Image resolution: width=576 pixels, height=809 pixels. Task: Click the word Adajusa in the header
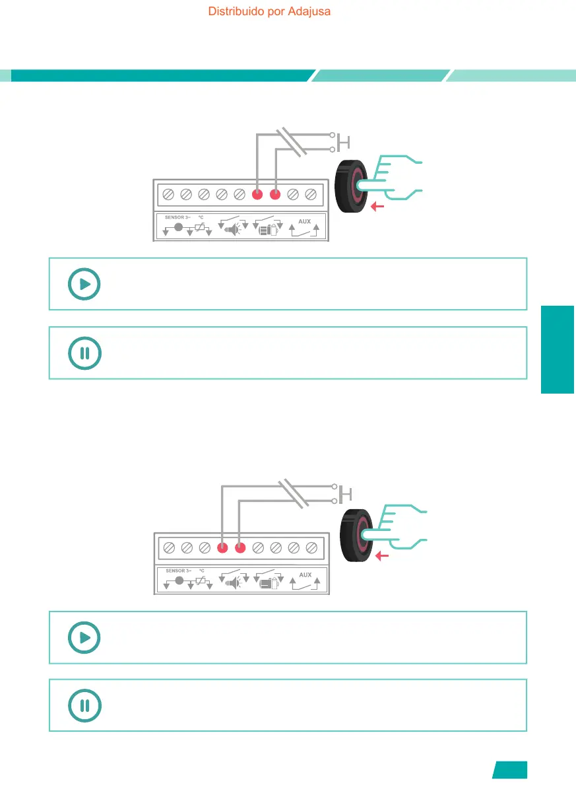tap(309, 11)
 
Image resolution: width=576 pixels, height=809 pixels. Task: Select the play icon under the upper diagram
tap(84, 285)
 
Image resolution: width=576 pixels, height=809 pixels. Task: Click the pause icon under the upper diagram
tap(84, 353)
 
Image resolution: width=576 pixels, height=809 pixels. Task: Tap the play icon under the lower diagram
tap(84, 638)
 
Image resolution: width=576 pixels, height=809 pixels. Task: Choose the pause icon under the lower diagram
tap(84, 705)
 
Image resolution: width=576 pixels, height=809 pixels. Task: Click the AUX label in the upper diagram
tap(304, 221)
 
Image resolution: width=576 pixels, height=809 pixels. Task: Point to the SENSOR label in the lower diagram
tap(176, 571)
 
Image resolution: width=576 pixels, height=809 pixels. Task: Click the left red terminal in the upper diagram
tap(258, 195)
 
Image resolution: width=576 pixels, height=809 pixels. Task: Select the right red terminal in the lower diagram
tap(240, 547)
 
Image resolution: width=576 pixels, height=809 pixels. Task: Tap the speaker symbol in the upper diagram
tap(234, 230)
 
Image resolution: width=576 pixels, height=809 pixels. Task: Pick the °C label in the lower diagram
tap(201, 571)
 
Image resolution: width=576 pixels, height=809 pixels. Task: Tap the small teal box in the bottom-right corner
tap(510, 770)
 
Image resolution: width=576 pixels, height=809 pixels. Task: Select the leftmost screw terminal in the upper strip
tap(168, 195)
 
